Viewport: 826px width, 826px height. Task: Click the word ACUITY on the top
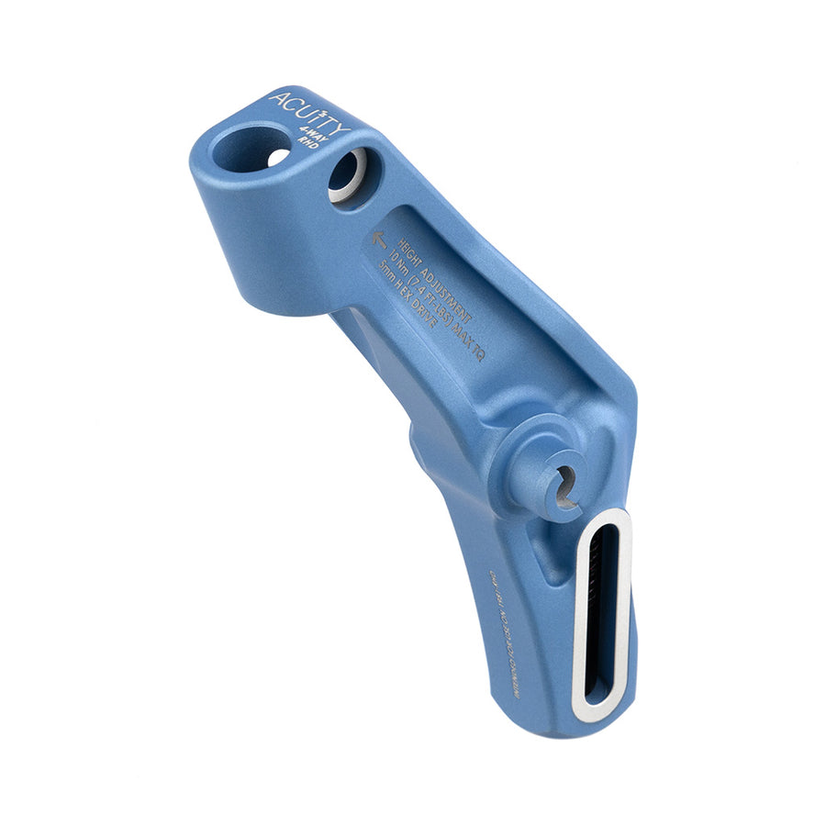[307, 112]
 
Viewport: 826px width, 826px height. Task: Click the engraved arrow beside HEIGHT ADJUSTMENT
[379, 240]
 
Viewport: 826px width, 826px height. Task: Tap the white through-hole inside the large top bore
[277, 158]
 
